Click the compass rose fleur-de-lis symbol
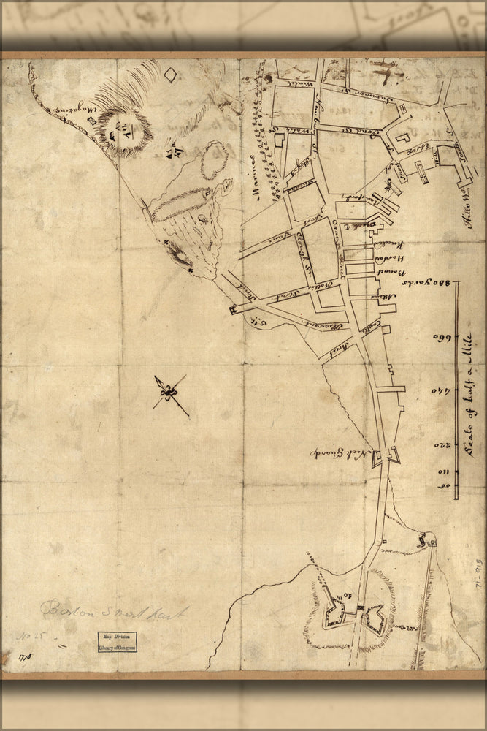click(170, 394)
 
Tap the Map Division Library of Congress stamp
click(118, 643)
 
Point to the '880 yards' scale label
click(440, 292)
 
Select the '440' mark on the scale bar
click(441, 392)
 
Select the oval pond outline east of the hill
click(214, 160)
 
